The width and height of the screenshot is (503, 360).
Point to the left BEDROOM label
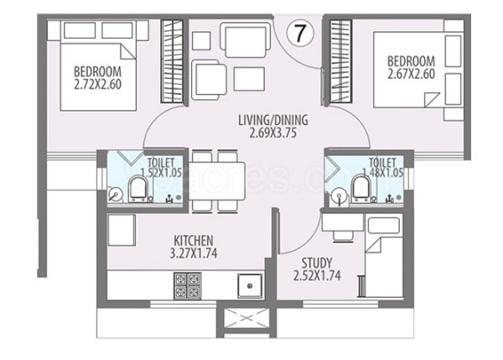[98, 70]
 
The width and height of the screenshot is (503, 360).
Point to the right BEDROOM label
[410, 60]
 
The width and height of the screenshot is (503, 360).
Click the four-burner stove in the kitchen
[185, 285]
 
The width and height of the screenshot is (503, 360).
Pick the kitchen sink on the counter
[249, 287]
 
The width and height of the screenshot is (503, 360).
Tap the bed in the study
[386, 260]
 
